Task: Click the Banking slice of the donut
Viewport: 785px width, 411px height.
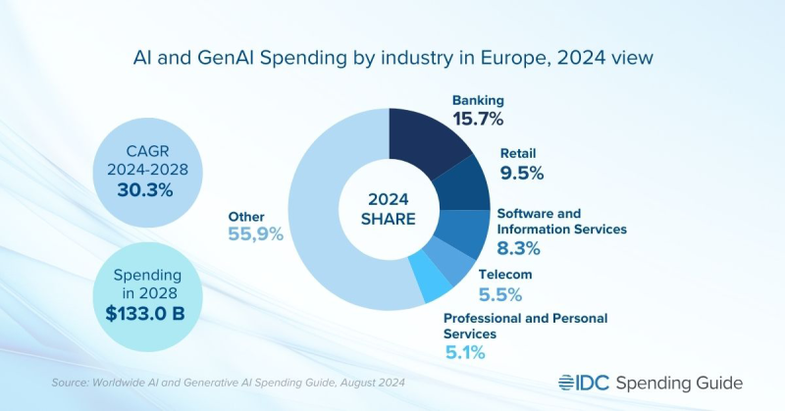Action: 432,142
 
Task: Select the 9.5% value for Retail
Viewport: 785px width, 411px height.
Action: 521,174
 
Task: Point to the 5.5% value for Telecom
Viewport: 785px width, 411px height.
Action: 499,294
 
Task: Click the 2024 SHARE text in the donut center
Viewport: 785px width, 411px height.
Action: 390,209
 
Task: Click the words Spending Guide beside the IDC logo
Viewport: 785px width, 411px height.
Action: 677,382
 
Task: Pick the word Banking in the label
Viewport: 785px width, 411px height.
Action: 477,99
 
